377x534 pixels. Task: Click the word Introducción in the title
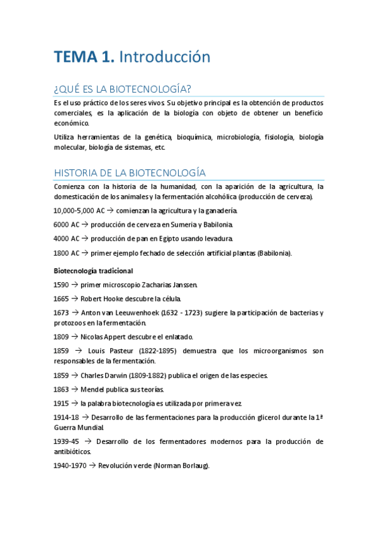tap(164, 57)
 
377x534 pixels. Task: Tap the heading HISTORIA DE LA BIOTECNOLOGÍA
tap(130, 172)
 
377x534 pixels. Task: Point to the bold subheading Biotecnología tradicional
tap(93, 271)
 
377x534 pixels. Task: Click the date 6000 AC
tap(67, 225)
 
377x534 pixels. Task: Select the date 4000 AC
tap(67, 239)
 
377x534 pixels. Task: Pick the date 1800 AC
tap(67, 253)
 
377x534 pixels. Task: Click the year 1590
tap(62, 285)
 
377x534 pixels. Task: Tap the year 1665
tap(62, 298)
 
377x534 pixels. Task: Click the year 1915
tap(62, 403)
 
